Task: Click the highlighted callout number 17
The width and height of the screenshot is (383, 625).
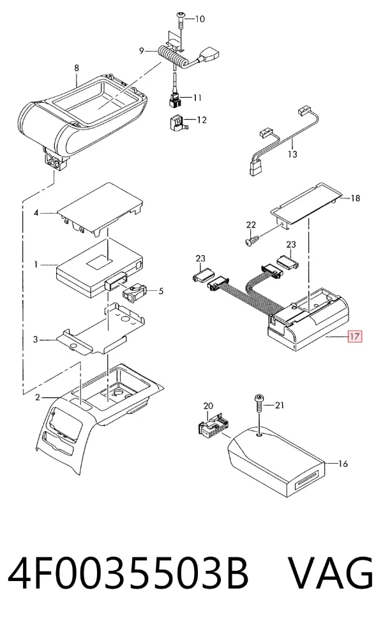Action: tap(354, 337)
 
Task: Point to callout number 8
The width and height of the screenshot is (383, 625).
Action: tap(77, 68)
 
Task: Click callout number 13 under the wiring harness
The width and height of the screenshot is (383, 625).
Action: tap(292, 154)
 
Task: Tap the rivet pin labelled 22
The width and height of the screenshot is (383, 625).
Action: tap(252, 240)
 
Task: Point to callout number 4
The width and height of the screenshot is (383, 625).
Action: tap(36, 213)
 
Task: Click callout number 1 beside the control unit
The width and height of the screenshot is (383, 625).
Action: tap(36, 264)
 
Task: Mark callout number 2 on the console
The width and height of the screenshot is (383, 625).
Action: tap(37, 397)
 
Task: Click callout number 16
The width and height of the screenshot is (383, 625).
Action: tap(343, 464)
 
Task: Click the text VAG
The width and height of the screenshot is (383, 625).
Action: tap(331, 573)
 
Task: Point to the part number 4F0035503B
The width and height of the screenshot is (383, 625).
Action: tap(128, 573)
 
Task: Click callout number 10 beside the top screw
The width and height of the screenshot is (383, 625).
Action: tap(199, 18)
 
